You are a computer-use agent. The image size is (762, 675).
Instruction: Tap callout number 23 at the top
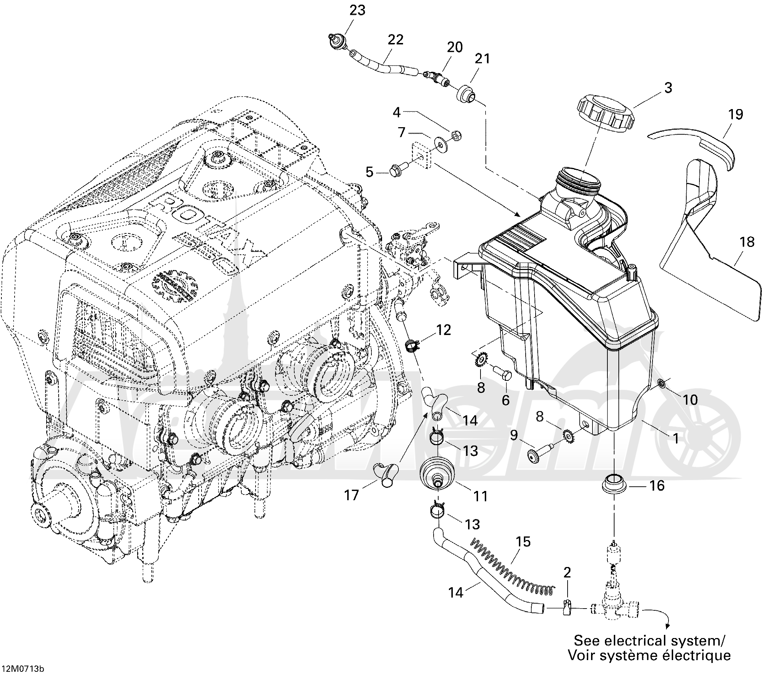pyautogui.click(x=357, y=10)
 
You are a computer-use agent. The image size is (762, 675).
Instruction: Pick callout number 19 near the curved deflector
pyautogui.click(x=736, y=114)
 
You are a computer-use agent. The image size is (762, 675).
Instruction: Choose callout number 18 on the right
pyautogui.click(x=747, y=242)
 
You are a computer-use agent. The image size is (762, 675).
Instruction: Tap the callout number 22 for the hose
pyautogui.click(x=396, y=39)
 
